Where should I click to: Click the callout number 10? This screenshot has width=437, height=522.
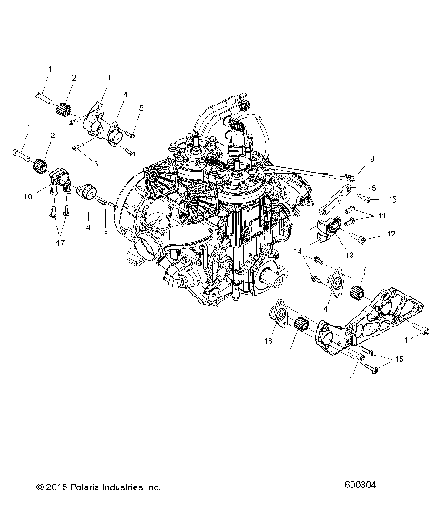point(27,195)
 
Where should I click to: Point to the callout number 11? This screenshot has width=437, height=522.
point(382,216)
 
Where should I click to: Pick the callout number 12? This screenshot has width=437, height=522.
point(392,234)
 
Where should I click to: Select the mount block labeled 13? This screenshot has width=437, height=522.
point(330,231)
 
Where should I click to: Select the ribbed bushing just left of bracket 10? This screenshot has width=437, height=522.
point(39,168)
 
